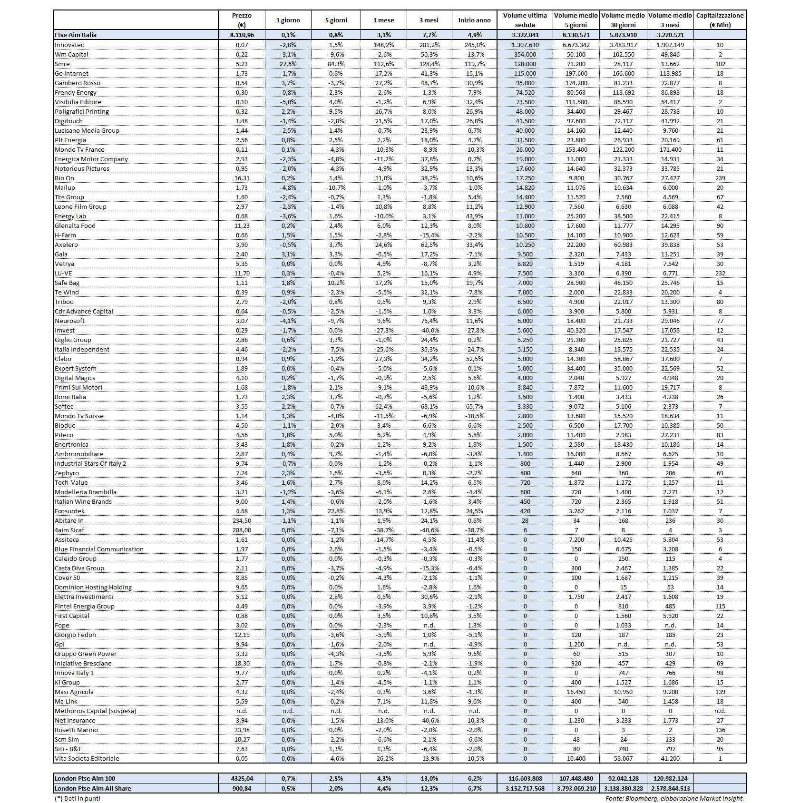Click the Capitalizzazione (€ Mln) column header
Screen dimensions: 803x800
coord(720,20)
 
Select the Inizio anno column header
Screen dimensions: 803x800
coord(474,20)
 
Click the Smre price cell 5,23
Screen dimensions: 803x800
coord(242,64)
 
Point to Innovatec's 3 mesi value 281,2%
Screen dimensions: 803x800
coord(429,45)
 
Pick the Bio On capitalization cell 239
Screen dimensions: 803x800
coord(720,178)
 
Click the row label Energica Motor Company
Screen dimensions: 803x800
coord(91,159)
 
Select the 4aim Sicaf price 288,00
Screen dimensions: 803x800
coord(242,530)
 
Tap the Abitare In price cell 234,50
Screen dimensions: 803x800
coord(242,520)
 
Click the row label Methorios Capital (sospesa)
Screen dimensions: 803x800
coord(96,711)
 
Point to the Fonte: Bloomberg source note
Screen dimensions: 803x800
coord(674,798)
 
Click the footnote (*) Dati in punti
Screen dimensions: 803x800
coord(78,798)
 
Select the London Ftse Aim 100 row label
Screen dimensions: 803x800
coord(85,778)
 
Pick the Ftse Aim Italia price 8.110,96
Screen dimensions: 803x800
coord(242,35)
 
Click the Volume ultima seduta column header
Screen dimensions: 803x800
coord(525,20)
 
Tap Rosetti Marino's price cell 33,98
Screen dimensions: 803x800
coord(242,730)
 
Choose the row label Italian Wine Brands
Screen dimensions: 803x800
coord(83,501)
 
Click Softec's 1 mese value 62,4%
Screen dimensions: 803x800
coord(383,406)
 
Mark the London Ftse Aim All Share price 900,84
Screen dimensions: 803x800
coord(242,788)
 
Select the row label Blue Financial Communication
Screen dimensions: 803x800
coord(99,549)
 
